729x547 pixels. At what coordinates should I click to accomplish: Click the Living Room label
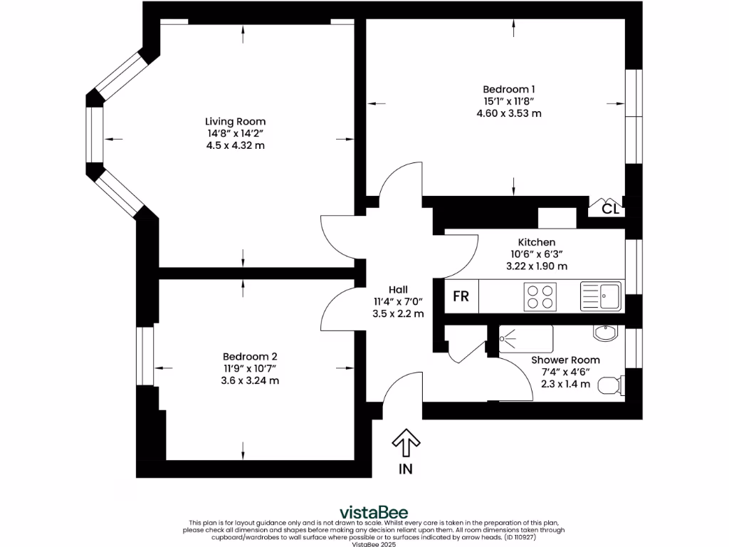click(x=235, y=122)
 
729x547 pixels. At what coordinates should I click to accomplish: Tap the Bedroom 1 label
click(x=509, y=89)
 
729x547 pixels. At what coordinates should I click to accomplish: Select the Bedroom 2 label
click(x=249, y=356)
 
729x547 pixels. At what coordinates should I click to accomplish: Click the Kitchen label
click(x=536, y=242)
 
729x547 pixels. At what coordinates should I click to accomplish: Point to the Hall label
click(x=398, y=289)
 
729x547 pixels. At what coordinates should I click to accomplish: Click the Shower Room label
click(x=565, y=360)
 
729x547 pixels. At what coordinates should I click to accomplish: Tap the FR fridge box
click(x=461, y=296)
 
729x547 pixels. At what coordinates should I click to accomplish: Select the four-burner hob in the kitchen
click(x=540, y=296)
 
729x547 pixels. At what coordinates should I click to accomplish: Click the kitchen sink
click(x=601, y=296)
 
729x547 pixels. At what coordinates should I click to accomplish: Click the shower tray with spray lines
click(x=525, y=339)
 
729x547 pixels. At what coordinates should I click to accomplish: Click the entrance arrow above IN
click(x=406, y=443)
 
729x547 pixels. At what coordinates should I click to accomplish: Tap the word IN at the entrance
click(x=406, y=469)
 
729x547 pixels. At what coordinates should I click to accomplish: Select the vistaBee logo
click(x=364, y=511)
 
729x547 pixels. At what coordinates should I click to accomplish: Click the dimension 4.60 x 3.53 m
click(x=509, y=113)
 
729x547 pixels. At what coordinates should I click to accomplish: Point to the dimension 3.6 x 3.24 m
click(x=249, y=380)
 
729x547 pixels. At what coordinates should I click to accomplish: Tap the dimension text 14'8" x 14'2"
click(x=235, y=133)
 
